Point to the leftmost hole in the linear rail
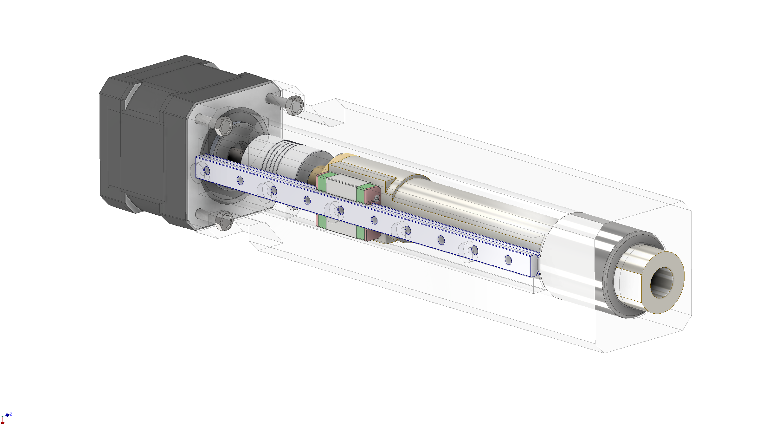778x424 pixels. tap(207, 171)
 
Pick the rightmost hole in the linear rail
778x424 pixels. tap(508, 260)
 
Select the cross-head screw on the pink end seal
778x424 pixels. tap(377, 199)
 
